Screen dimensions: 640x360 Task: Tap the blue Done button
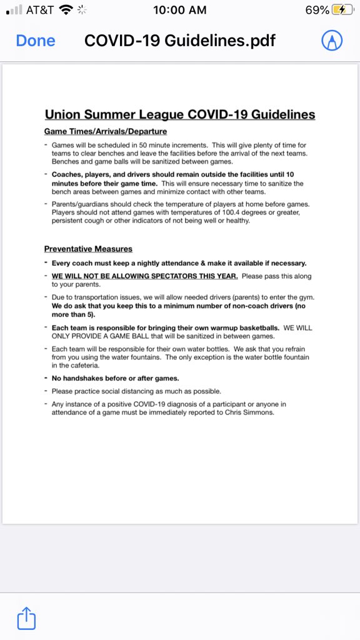(36, 41)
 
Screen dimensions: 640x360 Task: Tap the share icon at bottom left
(26, 618)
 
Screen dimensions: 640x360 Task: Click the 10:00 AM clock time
(180, 11)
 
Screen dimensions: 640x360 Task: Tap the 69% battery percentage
(317, 11)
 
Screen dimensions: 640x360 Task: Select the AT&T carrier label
(41, 11)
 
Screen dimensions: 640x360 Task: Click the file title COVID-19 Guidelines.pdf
(180, 41)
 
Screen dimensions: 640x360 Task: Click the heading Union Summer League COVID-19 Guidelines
(180, 114)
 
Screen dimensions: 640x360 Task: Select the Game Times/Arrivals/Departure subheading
(106, 132)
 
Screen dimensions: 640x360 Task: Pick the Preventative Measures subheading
(88, 249)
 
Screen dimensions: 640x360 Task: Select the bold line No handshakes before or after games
(116, 378)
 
